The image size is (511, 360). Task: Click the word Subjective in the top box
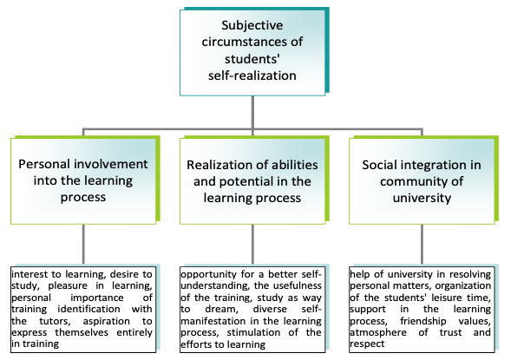click(x=252, y=26)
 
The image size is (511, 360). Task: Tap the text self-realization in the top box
click(x=252, y=75)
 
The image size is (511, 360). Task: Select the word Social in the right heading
click(x=379, y=165)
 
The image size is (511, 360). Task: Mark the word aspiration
click(x=106, y=322)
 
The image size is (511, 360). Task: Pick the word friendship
click(x=423, y=322)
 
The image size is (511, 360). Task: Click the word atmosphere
click(x=378, y=333)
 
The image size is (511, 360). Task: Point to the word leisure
click(x=445, y=298)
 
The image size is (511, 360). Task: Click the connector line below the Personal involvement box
click(x=83, y=244)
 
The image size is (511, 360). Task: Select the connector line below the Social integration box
click(x=422, y=244)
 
